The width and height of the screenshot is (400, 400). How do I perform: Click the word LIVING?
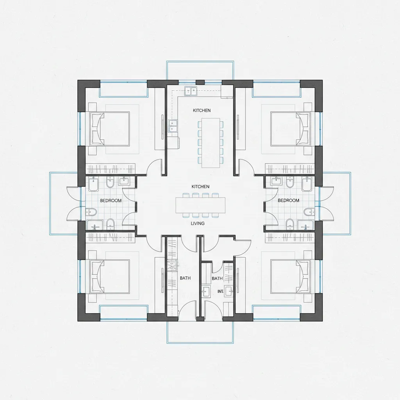tap(198, 223)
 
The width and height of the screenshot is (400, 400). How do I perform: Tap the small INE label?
tap(220, 291)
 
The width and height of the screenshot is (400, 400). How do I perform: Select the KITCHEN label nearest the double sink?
tap(202, 111)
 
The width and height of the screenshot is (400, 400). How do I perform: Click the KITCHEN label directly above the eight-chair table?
tap(200, 187)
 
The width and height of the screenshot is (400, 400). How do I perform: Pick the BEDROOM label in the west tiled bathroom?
tap(111, 200)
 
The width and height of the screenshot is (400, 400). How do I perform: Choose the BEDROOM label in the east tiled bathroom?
tap(288, 200)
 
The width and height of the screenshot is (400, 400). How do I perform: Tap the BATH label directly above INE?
tap(217, 279)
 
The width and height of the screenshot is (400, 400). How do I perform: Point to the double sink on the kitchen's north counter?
tap(191, 91)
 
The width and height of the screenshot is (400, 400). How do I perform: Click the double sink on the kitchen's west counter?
tap(172, 126)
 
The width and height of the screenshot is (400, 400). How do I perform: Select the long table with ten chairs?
tap(211, 143)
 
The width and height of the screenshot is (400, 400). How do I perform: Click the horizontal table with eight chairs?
tap(200, 205)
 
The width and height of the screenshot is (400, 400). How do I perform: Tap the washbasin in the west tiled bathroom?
tap(124, 181)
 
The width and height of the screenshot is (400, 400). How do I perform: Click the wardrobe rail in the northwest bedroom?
tap(110, 169)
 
